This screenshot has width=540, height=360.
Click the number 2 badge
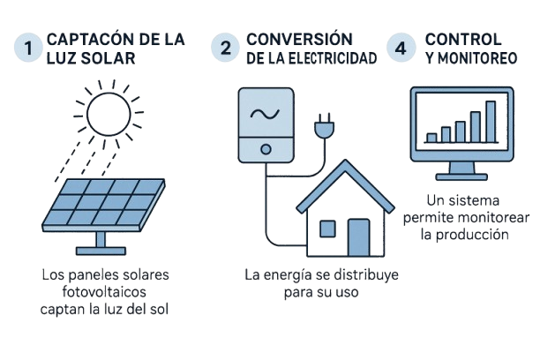226,49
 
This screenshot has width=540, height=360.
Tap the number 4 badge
401,49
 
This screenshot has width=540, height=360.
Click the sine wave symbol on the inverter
262,114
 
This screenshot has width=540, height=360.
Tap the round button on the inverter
262,146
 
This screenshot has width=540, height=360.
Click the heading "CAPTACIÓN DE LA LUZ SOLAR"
115,48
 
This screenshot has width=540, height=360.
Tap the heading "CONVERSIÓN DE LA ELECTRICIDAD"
310,48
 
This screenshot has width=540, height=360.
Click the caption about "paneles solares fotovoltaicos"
105,292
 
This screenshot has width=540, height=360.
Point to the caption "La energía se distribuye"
321,283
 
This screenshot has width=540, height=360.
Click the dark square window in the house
331,229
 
